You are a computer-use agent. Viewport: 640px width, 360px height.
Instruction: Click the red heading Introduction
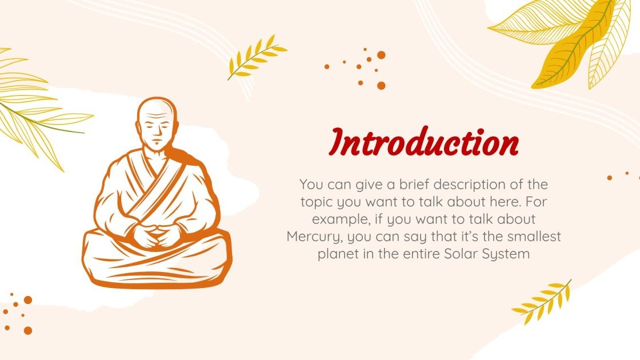click(x=425, y=143)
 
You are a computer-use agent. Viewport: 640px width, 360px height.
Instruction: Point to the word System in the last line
click(x=509, y=253)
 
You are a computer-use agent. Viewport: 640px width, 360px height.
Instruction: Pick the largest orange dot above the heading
click(x=381, y=55)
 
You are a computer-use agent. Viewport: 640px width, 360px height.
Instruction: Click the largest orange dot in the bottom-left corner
click(x=27, y=330)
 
